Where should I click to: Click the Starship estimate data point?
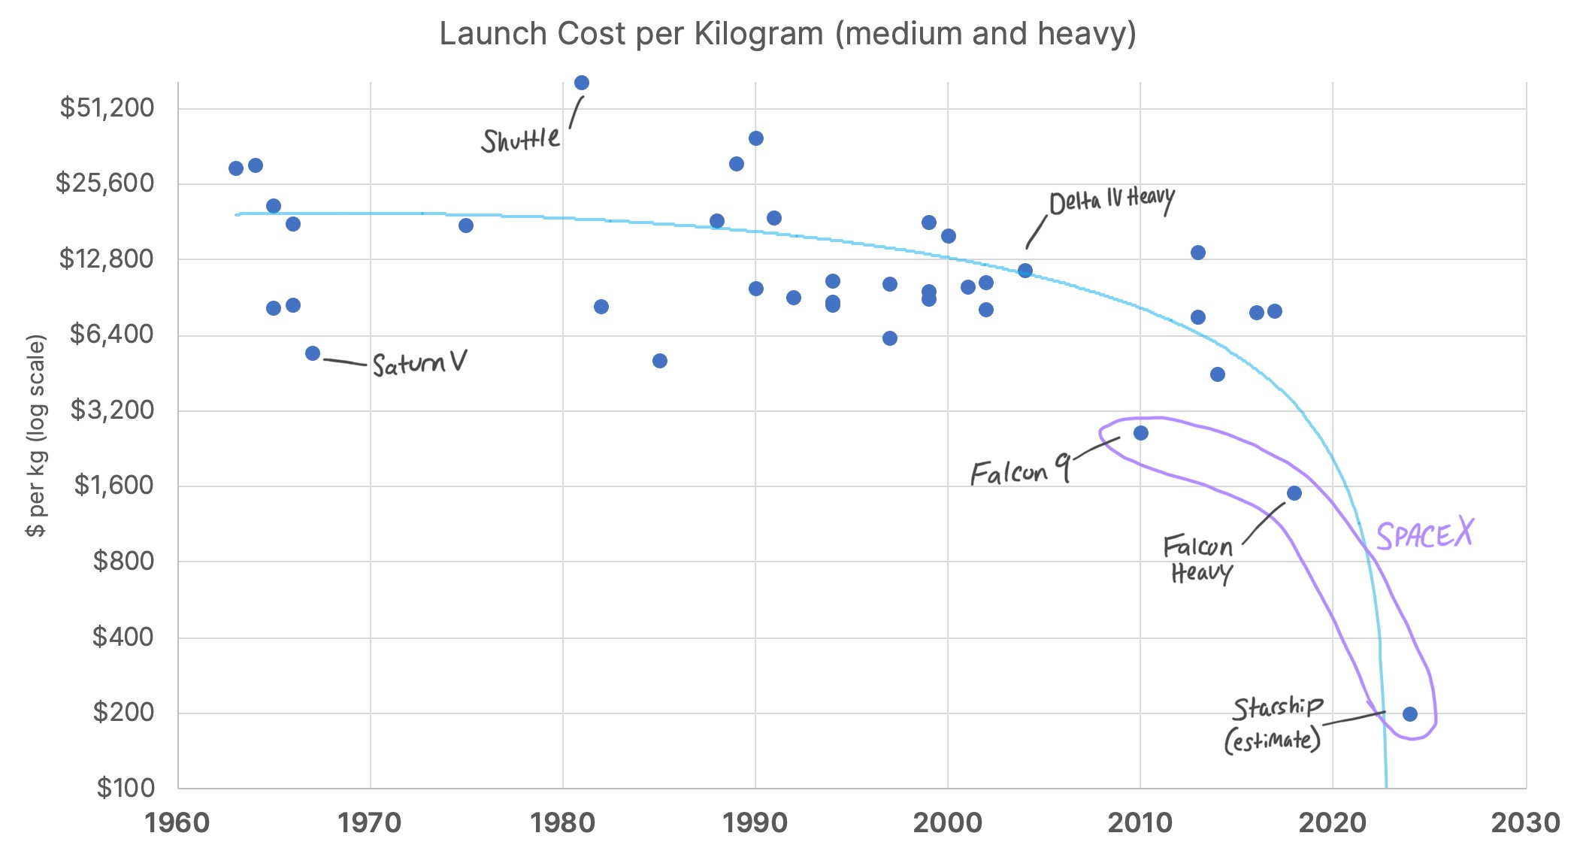[1410, 714]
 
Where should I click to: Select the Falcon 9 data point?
[1141, 433]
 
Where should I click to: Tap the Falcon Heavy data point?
[1294, 493]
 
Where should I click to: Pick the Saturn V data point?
[313, 353]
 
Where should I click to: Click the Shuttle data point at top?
[582, 83]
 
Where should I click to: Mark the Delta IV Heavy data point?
[1025, 271]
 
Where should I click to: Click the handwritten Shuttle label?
[520, 140]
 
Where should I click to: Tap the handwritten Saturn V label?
[419, 365]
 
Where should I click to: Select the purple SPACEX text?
[1424, 535]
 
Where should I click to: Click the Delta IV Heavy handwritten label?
[1111, 201]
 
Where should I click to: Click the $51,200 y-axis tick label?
[107, 108]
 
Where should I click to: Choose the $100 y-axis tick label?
[126, 788]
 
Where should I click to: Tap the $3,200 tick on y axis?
[112, 410]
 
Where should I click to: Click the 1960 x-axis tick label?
[177, 822]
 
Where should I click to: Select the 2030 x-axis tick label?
[1525, 822]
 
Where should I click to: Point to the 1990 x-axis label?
[755, 822]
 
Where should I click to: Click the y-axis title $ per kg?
[36, 436]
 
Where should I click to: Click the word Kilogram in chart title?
[758, 35]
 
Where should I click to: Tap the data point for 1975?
[466, 226]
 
